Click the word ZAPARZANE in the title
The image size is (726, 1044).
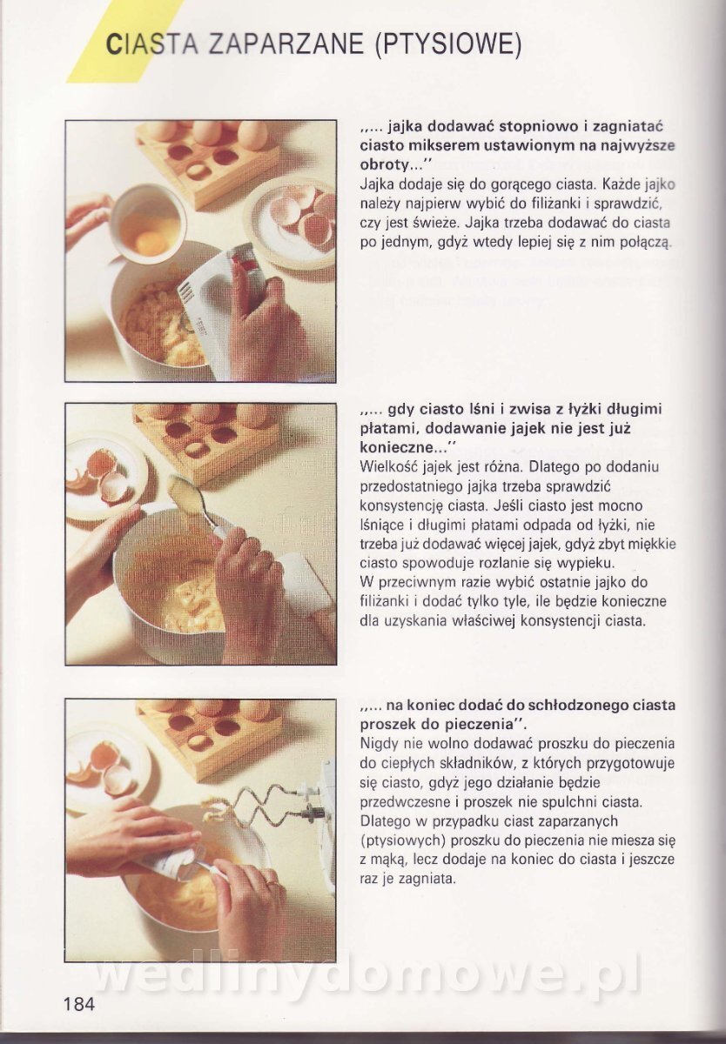click(286, 45)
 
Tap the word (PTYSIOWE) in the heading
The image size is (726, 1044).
click(447, 45)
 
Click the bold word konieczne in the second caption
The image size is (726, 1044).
click(396, 448)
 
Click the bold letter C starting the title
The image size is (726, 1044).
click(112, 45)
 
